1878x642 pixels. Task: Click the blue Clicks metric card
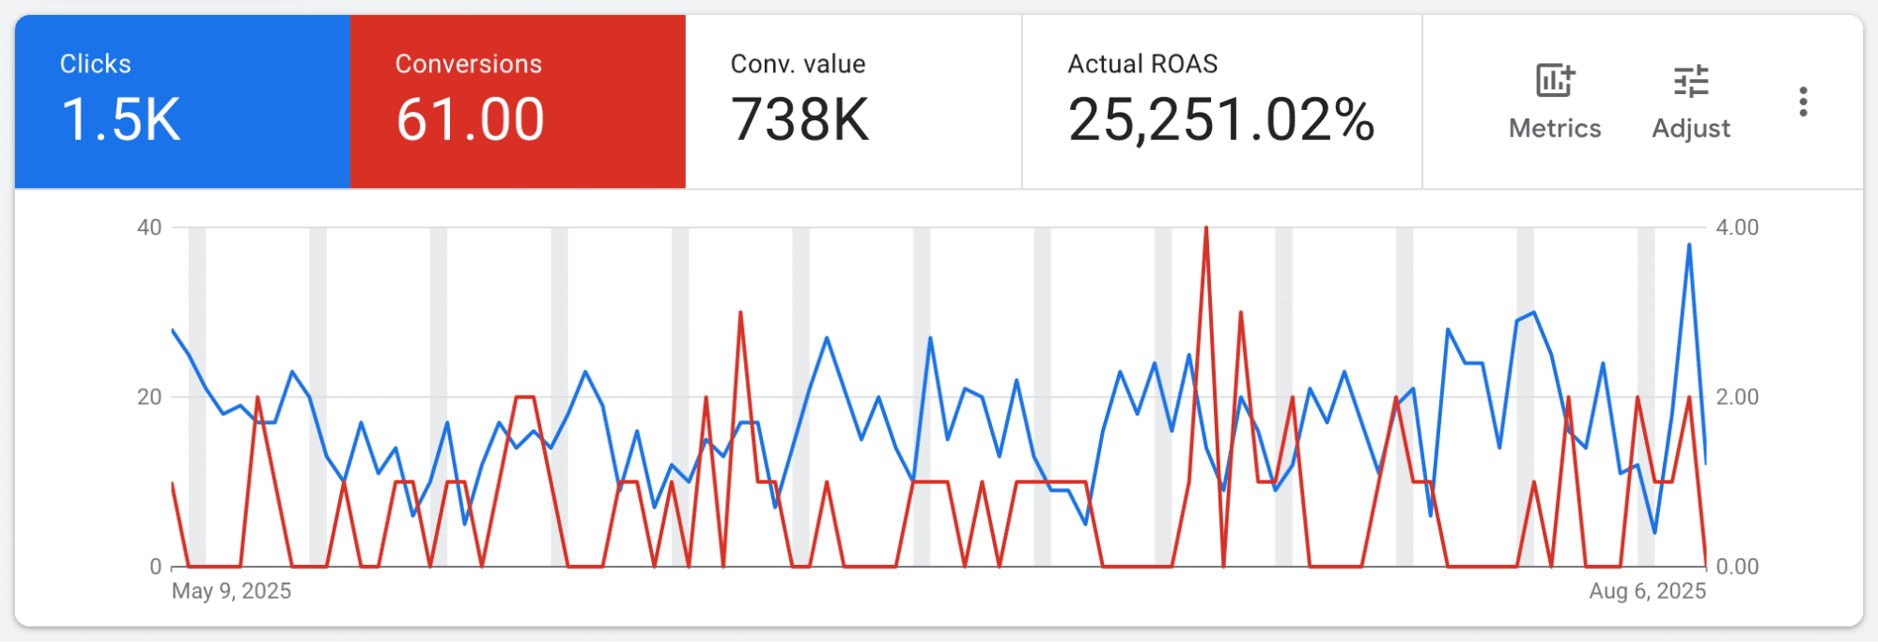point(182,102)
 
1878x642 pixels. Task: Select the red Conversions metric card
point(518,102)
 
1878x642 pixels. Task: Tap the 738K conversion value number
point(800,120)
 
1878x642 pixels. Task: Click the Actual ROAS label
point(1142,64)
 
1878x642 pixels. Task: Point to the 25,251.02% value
point(1221,120)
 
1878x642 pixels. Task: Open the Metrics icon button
point(1555,81)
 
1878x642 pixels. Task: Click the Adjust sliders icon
point(1691,81)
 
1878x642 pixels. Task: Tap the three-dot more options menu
point(1803,102)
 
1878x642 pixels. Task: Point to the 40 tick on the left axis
point(149,227)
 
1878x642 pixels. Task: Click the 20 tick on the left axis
point(149,397)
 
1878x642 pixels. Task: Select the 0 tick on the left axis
point(156,567)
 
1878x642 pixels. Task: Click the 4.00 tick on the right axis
point(1737,227)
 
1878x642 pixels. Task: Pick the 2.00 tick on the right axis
point(1737,397)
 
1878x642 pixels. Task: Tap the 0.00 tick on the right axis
point(1737,567)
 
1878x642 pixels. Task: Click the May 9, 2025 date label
point(231,591)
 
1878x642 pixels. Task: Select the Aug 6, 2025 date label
point(1648,591)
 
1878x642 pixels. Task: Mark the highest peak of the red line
point(1206,227)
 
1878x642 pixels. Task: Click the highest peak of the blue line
point(1689,244)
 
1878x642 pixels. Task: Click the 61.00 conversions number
point(470,120)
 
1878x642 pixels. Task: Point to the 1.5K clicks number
point(120,120)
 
